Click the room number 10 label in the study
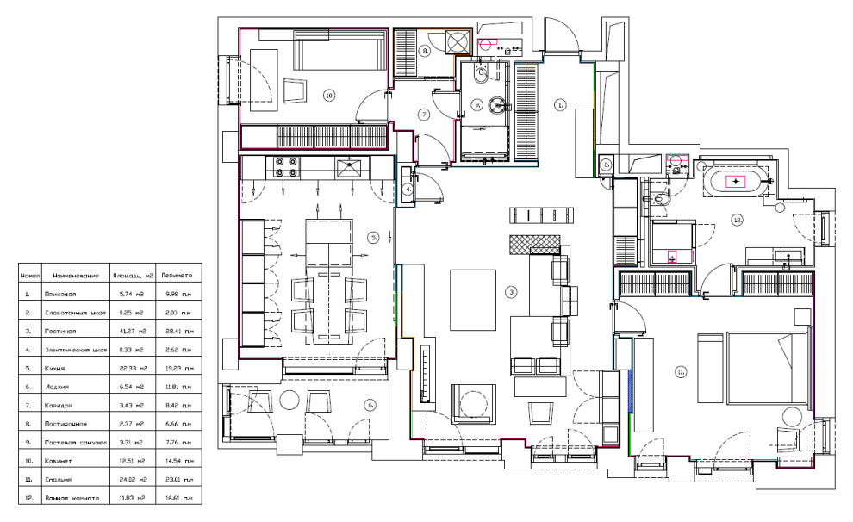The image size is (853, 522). click(329, 96)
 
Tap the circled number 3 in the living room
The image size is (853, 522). click(512, 292)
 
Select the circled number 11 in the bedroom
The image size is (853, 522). click(681, 372)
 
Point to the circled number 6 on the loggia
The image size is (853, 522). click(370, 404)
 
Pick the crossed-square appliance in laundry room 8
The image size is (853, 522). click(457, 41)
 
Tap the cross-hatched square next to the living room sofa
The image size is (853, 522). click(524, 244)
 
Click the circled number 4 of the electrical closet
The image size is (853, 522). click(409, 189)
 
